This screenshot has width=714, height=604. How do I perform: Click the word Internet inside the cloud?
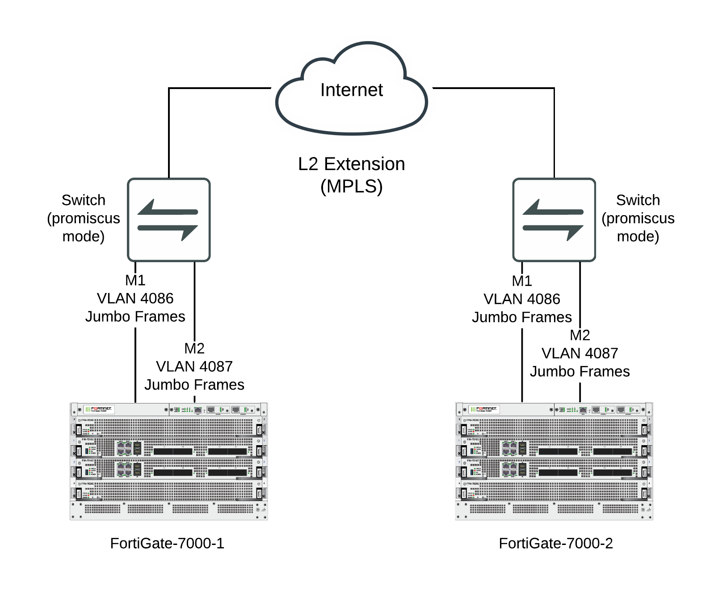point(351,90)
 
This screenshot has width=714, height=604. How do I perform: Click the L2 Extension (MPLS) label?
point(351,175)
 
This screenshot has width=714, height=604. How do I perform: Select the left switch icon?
point(168,220)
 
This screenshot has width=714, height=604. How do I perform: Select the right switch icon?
point(554,220)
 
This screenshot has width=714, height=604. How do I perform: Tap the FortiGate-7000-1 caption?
point(167,543)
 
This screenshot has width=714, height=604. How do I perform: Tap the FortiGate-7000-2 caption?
point(555,543)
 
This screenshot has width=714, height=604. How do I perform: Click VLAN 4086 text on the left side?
point(135,298)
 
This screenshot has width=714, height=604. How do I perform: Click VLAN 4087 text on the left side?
point(194,366)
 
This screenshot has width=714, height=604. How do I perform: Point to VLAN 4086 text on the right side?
point(521,299)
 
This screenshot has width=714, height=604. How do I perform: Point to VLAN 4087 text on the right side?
point(580,353)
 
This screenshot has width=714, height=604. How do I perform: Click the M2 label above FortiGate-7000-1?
point(194,348)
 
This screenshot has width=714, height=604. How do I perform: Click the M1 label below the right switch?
point(521,281)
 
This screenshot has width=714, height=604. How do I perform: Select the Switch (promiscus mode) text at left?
point(84,218)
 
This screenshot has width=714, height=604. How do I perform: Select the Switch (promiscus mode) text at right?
point(638,218)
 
